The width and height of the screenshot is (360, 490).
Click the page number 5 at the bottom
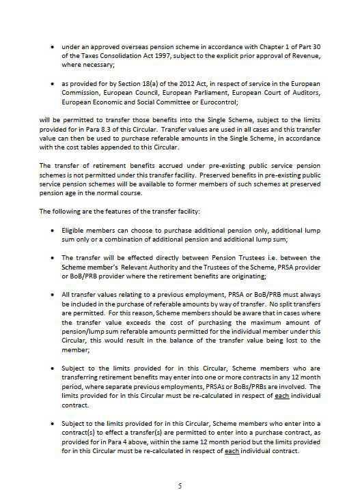pyautogui.click(x=180, y=467)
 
